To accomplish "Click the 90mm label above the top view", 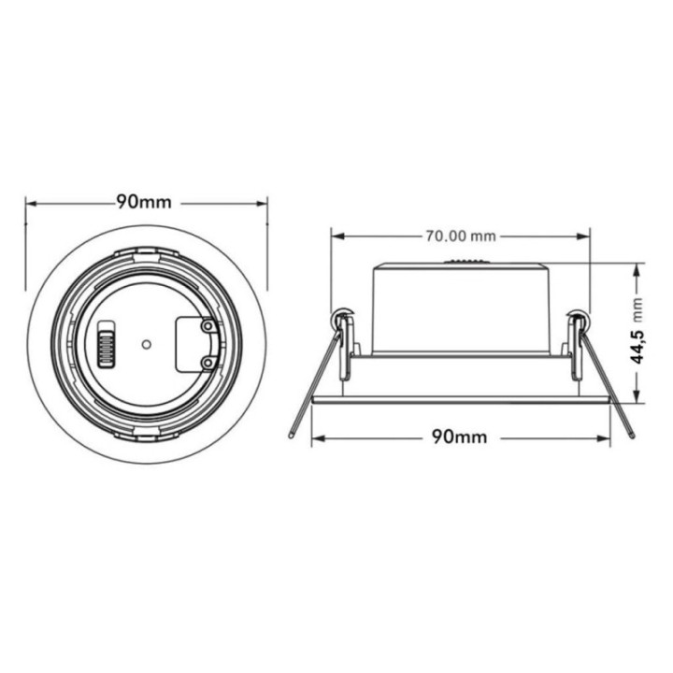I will point(147,202).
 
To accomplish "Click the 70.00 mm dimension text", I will point(461,235).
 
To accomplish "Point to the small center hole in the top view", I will point(145,343).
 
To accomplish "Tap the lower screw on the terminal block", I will point(207,361).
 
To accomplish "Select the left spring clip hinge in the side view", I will point(345,322).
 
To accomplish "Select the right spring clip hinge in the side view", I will point(579,322).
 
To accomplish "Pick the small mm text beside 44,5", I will point(639,307).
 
